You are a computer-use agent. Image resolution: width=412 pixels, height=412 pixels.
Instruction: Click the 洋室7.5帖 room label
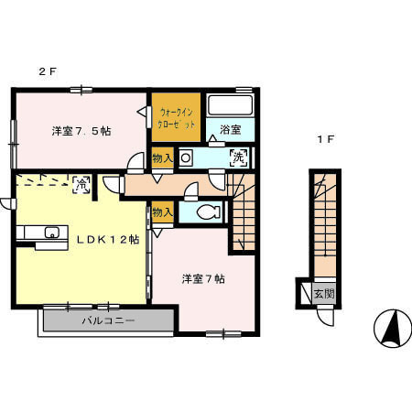tap(81, 132)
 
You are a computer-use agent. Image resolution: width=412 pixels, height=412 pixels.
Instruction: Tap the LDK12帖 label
tap(107, 240)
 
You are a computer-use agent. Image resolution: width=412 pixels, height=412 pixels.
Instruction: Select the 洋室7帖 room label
tap(203, 278)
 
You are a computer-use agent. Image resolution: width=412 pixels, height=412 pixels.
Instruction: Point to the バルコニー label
tap(108, 321)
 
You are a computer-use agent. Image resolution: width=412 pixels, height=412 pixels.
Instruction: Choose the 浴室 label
tap(230, 131)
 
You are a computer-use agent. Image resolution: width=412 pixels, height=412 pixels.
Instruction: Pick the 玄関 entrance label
tap(323, 295)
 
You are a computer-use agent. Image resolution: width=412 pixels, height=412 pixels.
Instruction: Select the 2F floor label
tap(47, 70)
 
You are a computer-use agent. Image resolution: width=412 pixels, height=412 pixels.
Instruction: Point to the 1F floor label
tap(325, 140)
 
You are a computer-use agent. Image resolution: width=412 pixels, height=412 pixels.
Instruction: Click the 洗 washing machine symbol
tap(238, 157)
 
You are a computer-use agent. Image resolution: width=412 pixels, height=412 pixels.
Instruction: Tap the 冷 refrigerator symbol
tap(81, 184)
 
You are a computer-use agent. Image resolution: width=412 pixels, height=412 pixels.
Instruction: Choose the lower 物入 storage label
tap(162, 212)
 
